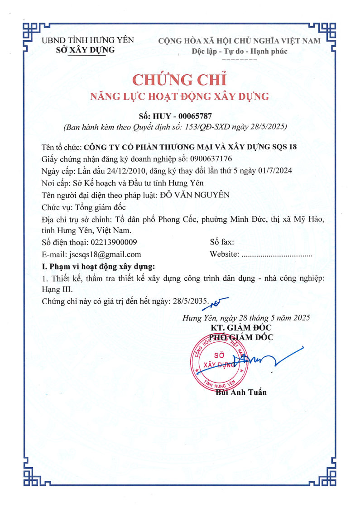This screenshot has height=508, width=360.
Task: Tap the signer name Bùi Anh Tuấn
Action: click(241, 392)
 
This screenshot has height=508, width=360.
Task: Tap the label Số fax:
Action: click(221, 242)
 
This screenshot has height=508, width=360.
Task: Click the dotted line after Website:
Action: click(277, 254)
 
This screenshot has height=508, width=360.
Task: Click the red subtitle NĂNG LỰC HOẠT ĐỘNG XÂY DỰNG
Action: click(180, 96)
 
